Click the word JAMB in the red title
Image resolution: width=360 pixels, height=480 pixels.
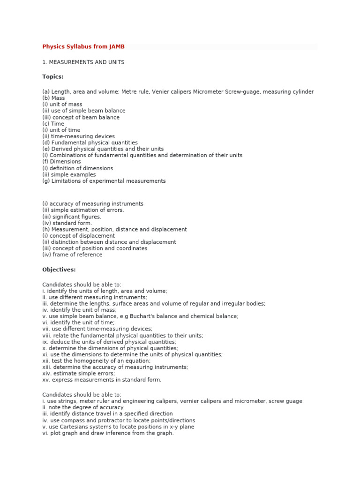point(117,47)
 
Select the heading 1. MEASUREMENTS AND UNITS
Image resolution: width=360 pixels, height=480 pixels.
point(83,62)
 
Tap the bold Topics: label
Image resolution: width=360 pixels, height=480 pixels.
point(53,76)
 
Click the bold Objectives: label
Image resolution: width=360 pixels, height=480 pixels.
point(59,270)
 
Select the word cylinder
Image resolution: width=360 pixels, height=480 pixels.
point(301,92)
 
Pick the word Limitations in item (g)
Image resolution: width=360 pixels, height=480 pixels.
point(66,181)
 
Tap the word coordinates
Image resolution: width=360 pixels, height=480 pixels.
point(130,248)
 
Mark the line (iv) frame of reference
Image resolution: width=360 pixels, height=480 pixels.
point(72,255)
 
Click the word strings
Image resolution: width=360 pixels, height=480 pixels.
point(67,401)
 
